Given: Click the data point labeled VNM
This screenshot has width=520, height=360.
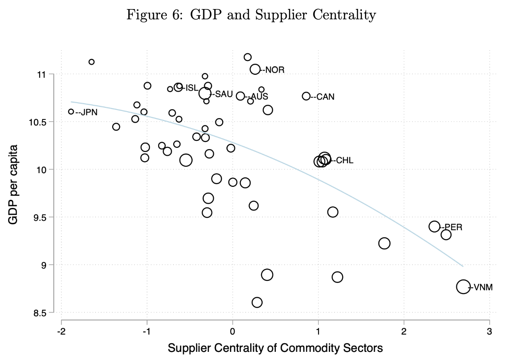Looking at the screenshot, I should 463,287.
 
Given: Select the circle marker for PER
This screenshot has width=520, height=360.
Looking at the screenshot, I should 434,226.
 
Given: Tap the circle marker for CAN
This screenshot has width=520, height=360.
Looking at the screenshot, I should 306,96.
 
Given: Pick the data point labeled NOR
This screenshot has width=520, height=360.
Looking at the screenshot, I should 255,69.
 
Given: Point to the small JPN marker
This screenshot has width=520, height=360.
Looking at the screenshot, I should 71,112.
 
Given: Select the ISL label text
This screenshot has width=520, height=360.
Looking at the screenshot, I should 191,88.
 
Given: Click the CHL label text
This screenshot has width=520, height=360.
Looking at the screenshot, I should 345,161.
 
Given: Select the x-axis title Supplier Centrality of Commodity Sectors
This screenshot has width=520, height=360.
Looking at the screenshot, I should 275,348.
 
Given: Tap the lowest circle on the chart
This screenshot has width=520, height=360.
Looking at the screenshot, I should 257,302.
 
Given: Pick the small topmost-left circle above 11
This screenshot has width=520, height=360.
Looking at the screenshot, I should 91,62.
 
